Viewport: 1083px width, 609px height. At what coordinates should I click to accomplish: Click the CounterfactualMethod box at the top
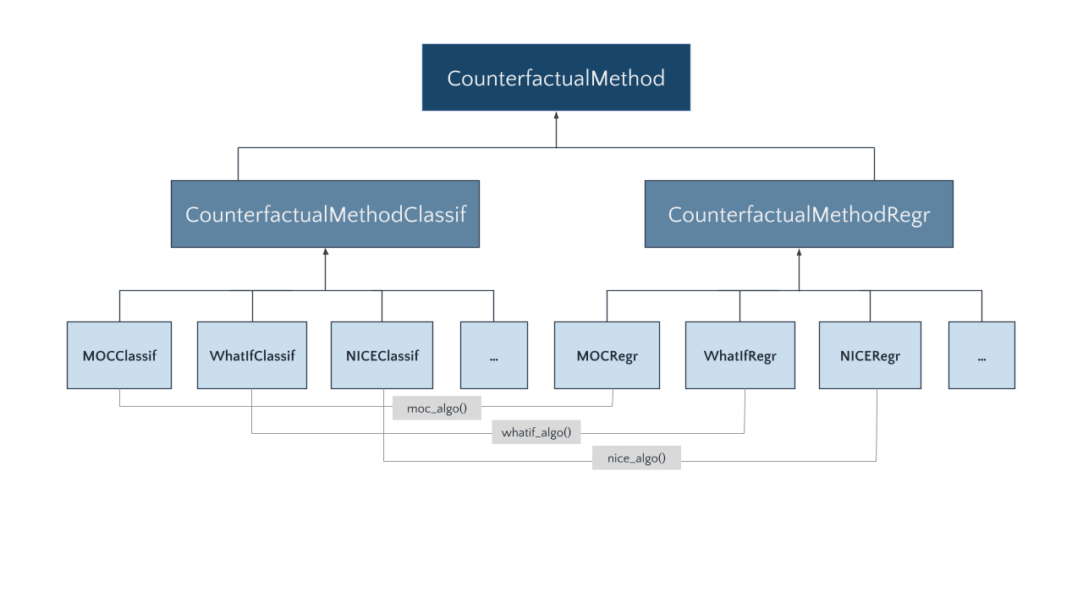pos(556,78)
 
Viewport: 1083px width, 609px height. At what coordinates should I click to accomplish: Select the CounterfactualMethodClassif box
pos(325,214)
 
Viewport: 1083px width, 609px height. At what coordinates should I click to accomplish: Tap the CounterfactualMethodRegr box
pos(799,214)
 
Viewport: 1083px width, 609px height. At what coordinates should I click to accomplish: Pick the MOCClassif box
pos(118,355)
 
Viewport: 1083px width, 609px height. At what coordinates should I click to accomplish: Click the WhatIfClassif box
pos(252,355)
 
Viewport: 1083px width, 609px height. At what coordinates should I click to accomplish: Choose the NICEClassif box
pos(382,355)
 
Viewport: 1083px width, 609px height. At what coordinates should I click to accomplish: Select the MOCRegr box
pos(607,355)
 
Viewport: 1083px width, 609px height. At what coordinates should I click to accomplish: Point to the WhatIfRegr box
pos(739,355)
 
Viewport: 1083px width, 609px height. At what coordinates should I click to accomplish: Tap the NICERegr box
pos(870,355)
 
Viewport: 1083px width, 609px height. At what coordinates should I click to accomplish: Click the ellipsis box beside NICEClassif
pos(493,355)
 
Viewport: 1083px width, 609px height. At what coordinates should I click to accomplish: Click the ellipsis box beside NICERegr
pos(981,355)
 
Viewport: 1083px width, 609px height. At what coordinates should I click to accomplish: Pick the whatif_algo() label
pos(536,433)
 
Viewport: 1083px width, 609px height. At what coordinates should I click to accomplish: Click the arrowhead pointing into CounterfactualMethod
pos(556,116)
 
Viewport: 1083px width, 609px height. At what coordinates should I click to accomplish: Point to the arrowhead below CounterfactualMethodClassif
pos(325,252)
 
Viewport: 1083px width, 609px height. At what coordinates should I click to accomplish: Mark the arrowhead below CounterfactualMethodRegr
pos(799,252)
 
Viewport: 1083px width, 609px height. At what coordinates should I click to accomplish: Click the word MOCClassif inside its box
pos(118,356)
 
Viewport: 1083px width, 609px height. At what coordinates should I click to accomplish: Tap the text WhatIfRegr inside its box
pos(739,356)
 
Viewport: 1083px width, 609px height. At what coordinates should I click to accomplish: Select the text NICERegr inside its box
pos(870,356)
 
